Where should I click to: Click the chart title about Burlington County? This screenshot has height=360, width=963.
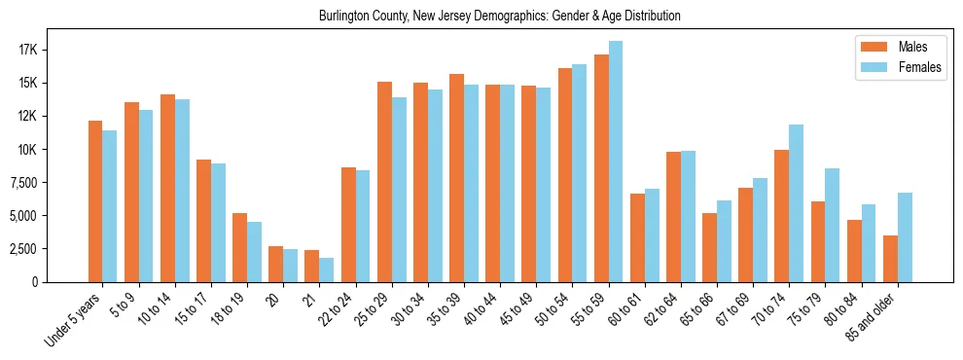click(499, 17)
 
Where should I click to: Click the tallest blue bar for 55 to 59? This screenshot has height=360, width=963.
click(616, 162)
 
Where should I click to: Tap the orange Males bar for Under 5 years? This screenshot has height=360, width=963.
click(95, 201)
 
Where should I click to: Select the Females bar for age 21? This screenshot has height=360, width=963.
click(326, 270)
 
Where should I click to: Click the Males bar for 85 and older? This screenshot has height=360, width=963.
click(890, 259)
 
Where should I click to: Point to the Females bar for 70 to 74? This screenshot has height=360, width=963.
click(797, 203)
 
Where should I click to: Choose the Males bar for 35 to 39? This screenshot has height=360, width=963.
click(456, 178)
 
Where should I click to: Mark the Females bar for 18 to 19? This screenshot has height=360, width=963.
click(254, 252)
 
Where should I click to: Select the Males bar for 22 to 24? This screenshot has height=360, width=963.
click(348, 225)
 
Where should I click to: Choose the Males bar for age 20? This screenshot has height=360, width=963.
click(275, 264)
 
